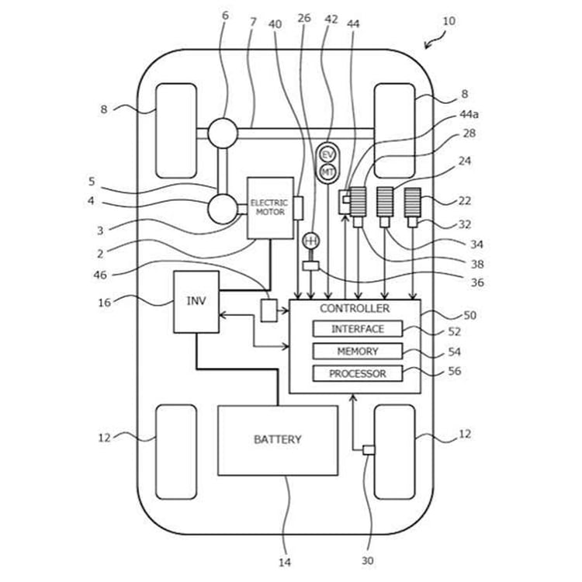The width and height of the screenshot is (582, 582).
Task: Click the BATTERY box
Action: (277, 439)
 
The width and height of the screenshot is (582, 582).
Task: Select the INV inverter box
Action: (196, 302)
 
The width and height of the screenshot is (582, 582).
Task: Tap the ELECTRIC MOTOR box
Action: (269, 207)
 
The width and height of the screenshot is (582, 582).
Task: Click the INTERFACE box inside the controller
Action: (358, 329)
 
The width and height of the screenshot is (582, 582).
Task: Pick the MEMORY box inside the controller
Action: (358, 352)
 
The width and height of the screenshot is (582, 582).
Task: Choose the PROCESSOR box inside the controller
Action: (358, 374)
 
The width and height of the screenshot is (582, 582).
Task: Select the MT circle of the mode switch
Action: (327, 171)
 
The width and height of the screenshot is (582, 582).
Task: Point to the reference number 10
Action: (449, 22)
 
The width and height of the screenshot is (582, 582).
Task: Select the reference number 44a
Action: (468, 114)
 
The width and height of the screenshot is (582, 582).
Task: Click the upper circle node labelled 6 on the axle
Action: (222, 133)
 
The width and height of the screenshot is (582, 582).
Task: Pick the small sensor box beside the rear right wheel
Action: (369, 450)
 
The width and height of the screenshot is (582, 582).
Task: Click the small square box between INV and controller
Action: (269, 310)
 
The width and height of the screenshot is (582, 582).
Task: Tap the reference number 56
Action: (470, 371)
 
